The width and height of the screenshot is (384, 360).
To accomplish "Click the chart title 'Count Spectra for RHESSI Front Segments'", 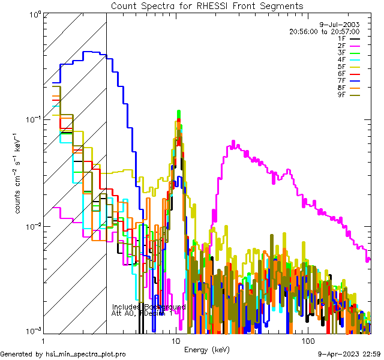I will click(207, 6).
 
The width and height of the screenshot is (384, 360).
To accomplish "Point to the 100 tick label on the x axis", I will click(308, 341).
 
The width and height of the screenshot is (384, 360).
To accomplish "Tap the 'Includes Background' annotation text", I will click(148, 307).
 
